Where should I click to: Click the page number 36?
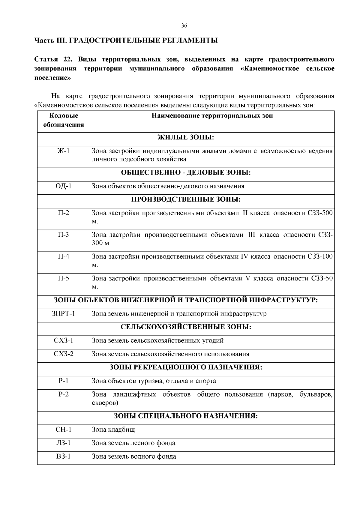184,26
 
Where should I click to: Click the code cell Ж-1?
64,151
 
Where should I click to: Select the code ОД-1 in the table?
64,186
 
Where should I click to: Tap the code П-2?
64,213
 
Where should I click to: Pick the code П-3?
64,235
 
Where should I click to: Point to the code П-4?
64,256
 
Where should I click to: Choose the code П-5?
64,278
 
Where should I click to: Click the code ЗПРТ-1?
64,314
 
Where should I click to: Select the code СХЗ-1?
64,340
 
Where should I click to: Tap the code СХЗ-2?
64,354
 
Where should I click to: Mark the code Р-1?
64,381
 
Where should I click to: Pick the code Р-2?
64,394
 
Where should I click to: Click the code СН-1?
64,430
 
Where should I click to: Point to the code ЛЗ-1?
64,443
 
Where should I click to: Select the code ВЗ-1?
64,457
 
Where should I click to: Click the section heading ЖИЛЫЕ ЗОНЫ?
186,138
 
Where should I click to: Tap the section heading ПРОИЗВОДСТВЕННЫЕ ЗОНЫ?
186,199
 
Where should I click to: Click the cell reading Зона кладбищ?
113,430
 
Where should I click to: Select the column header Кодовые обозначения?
64,120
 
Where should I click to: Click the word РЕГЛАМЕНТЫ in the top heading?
190,40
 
